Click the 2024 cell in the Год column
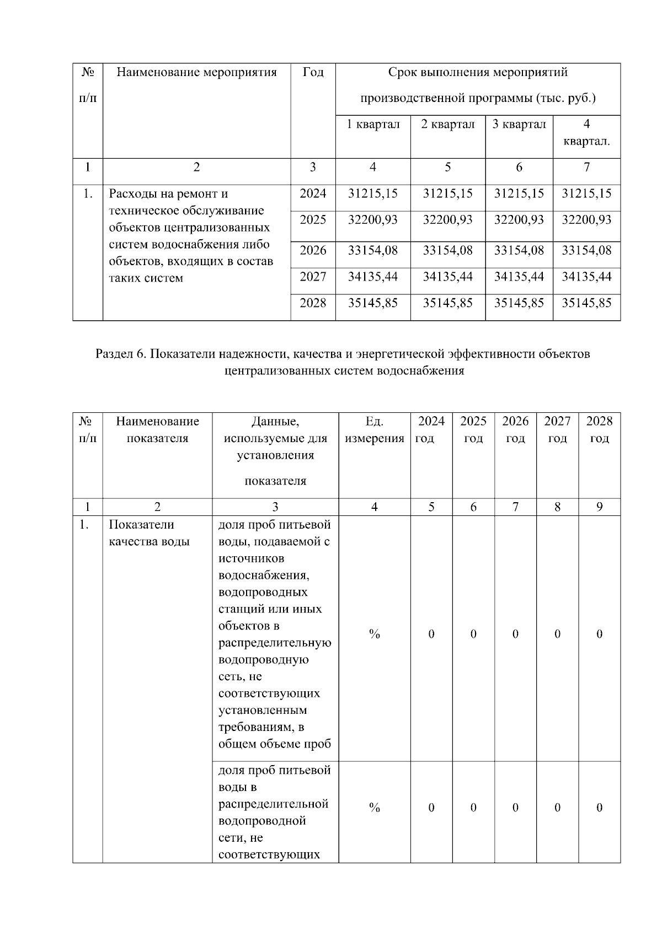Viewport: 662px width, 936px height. [x=313, y=193]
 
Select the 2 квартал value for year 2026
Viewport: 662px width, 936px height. [x=447, y=250]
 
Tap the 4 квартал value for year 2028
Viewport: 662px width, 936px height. [x=586, y=303]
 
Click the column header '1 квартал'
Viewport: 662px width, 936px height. [x=373, y=124]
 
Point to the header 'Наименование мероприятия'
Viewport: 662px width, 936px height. [x=196, y=72]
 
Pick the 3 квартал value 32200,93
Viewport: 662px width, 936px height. [x=519, y=220]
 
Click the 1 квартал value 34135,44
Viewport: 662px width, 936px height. [x=373, y=276]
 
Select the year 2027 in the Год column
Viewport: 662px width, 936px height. [x=313, y=276]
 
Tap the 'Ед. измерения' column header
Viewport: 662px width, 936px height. [x=374, y=430]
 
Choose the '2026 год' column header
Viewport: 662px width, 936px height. [x=515, y=430]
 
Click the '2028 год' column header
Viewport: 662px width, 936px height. [x=599, y=430]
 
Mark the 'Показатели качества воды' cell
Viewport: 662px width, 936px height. [x=149, y=533]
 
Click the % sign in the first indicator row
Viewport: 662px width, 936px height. [x=375, y=634]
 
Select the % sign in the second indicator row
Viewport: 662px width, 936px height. [x=375, y=808]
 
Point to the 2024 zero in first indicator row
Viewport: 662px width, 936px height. [x=431, y=634]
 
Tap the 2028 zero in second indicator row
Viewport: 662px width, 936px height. [x=600, y=808]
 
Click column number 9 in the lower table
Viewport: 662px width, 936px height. [x=600, y=507]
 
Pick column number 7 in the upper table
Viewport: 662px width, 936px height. [x=586, y=167]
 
